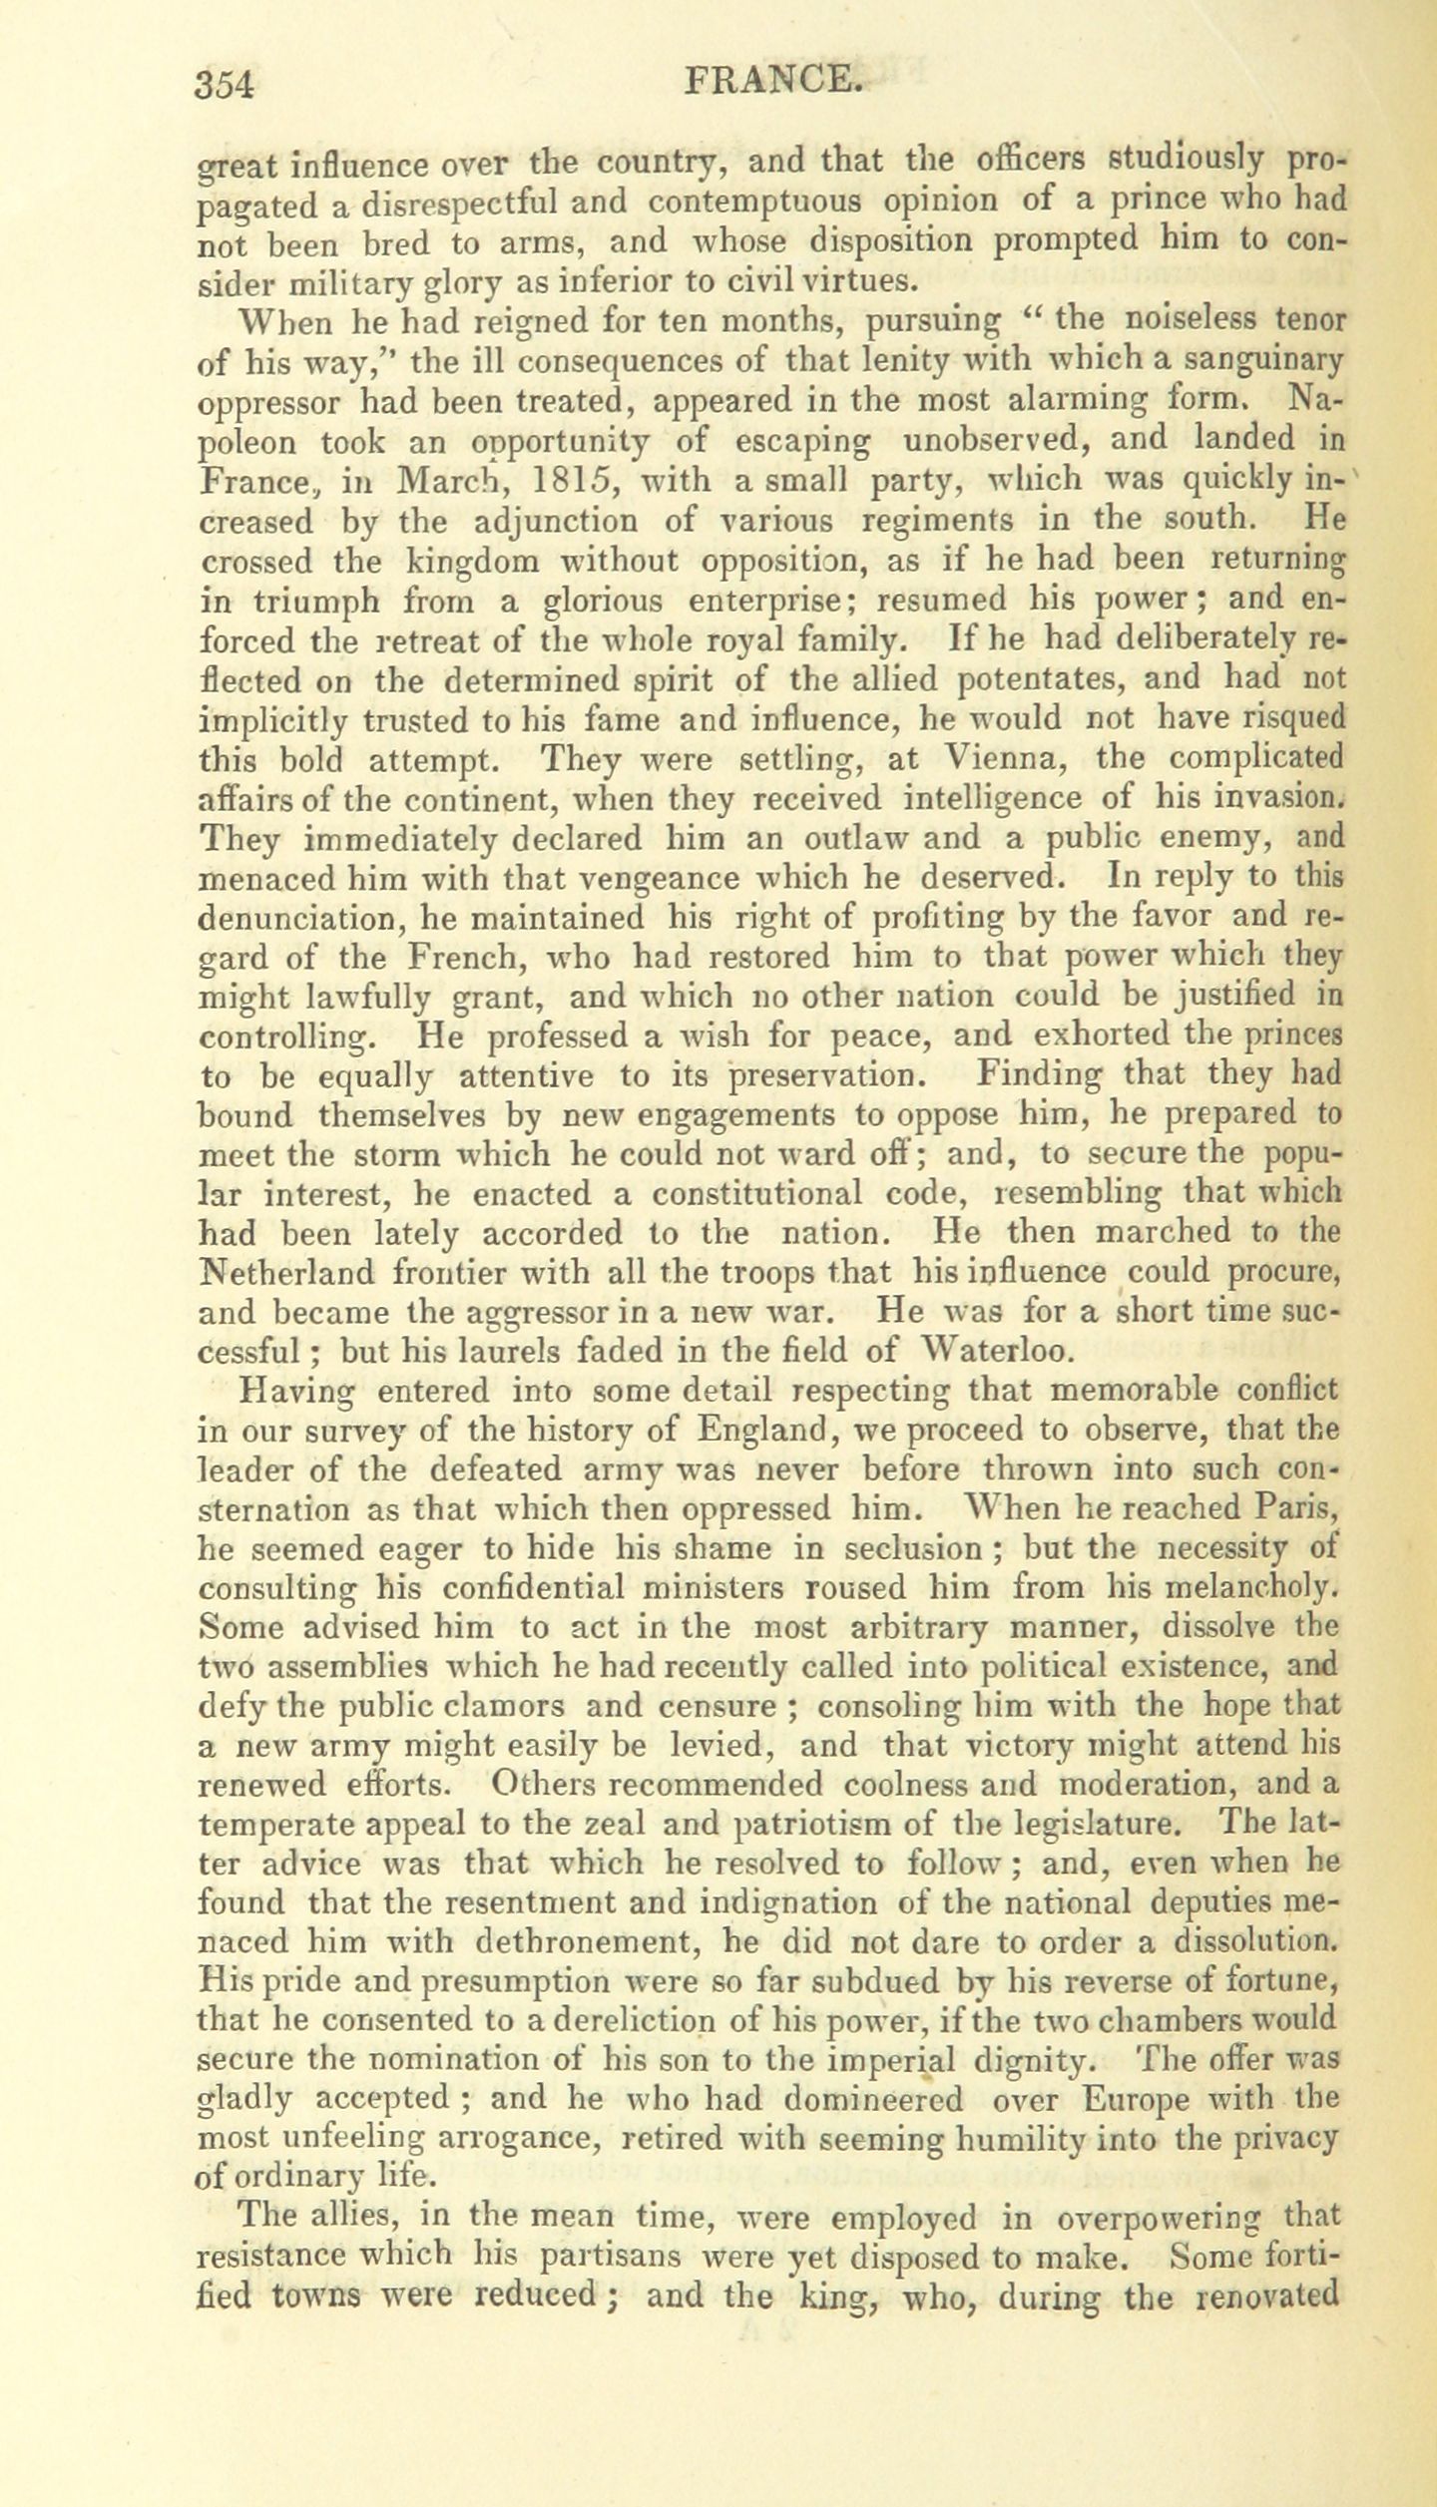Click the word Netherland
pyautogui.click(x=287, y=1272)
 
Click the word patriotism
pyautogui.click(x=821, y=1824)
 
